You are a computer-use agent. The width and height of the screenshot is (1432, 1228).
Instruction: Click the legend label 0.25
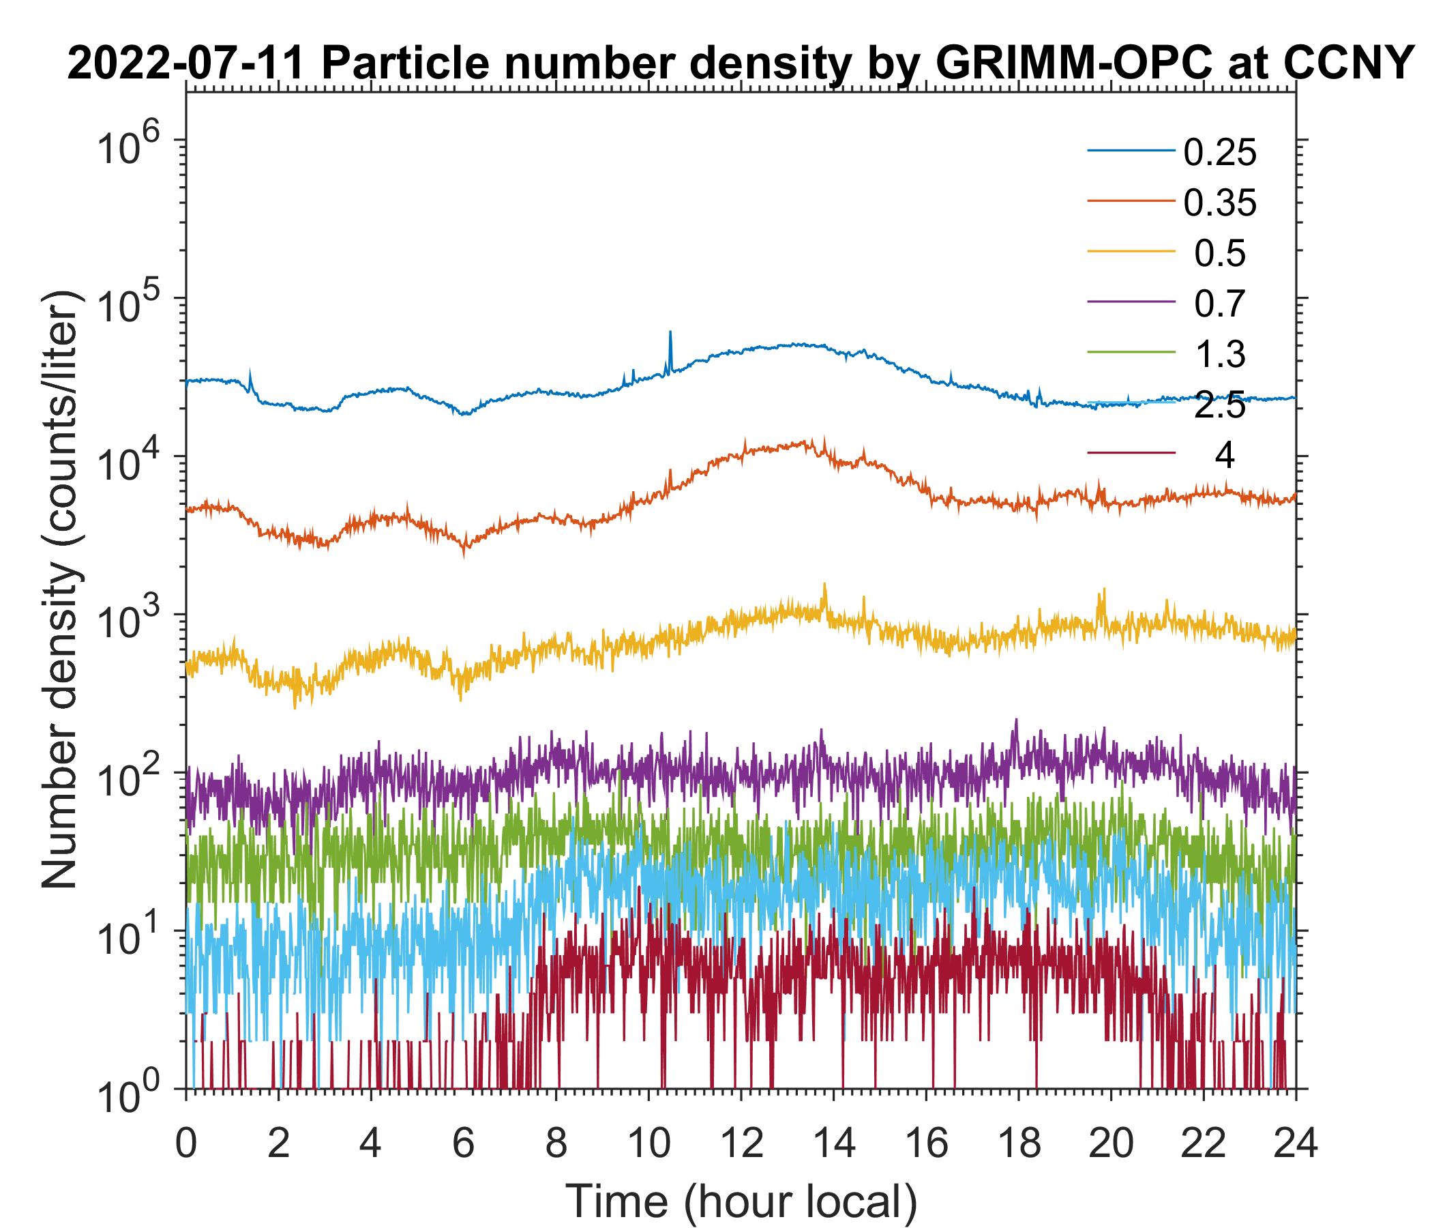click(1219, 153)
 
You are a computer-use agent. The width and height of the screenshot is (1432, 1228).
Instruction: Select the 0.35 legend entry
click(1219, 203)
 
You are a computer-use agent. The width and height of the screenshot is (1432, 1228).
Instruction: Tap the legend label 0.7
click(1219, 304)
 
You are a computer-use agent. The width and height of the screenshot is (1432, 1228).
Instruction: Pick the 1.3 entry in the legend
click(1219, 354)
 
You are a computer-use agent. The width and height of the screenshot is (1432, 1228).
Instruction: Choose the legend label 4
click(1224, 456)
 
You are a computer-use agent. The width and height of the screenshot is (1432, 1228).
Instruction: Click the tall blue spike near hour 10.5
click(670, 334)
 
